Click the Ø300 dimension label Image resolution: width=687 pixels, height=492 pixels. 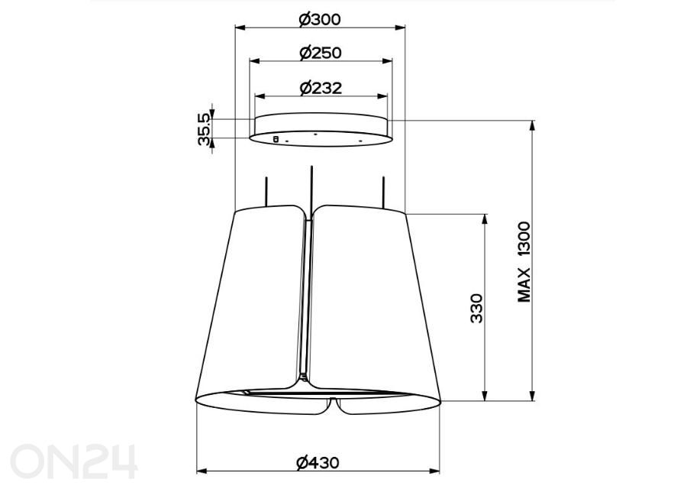point(320,19)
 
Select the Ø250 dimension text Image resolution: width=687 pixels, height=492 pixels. point(321,53)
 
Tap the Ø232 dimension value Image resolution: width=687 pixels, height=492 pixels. point(321,88)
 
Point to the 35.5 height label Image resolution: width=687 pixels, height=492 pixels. point(204,129)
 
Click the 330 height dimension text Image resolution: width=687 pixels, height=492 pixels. point(476,309)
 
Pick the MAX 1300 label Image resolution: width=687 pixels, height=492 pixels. point(524,262)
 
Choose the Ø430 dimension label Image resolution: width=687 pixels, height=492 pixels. point(318,463)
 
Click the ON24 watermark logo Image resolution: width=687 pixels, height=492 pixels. point(73,461)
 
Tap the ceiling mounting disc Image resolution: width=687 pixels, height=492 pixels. point(321,129)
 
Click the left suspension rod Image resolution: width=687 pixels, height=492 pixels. point(266,192)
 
